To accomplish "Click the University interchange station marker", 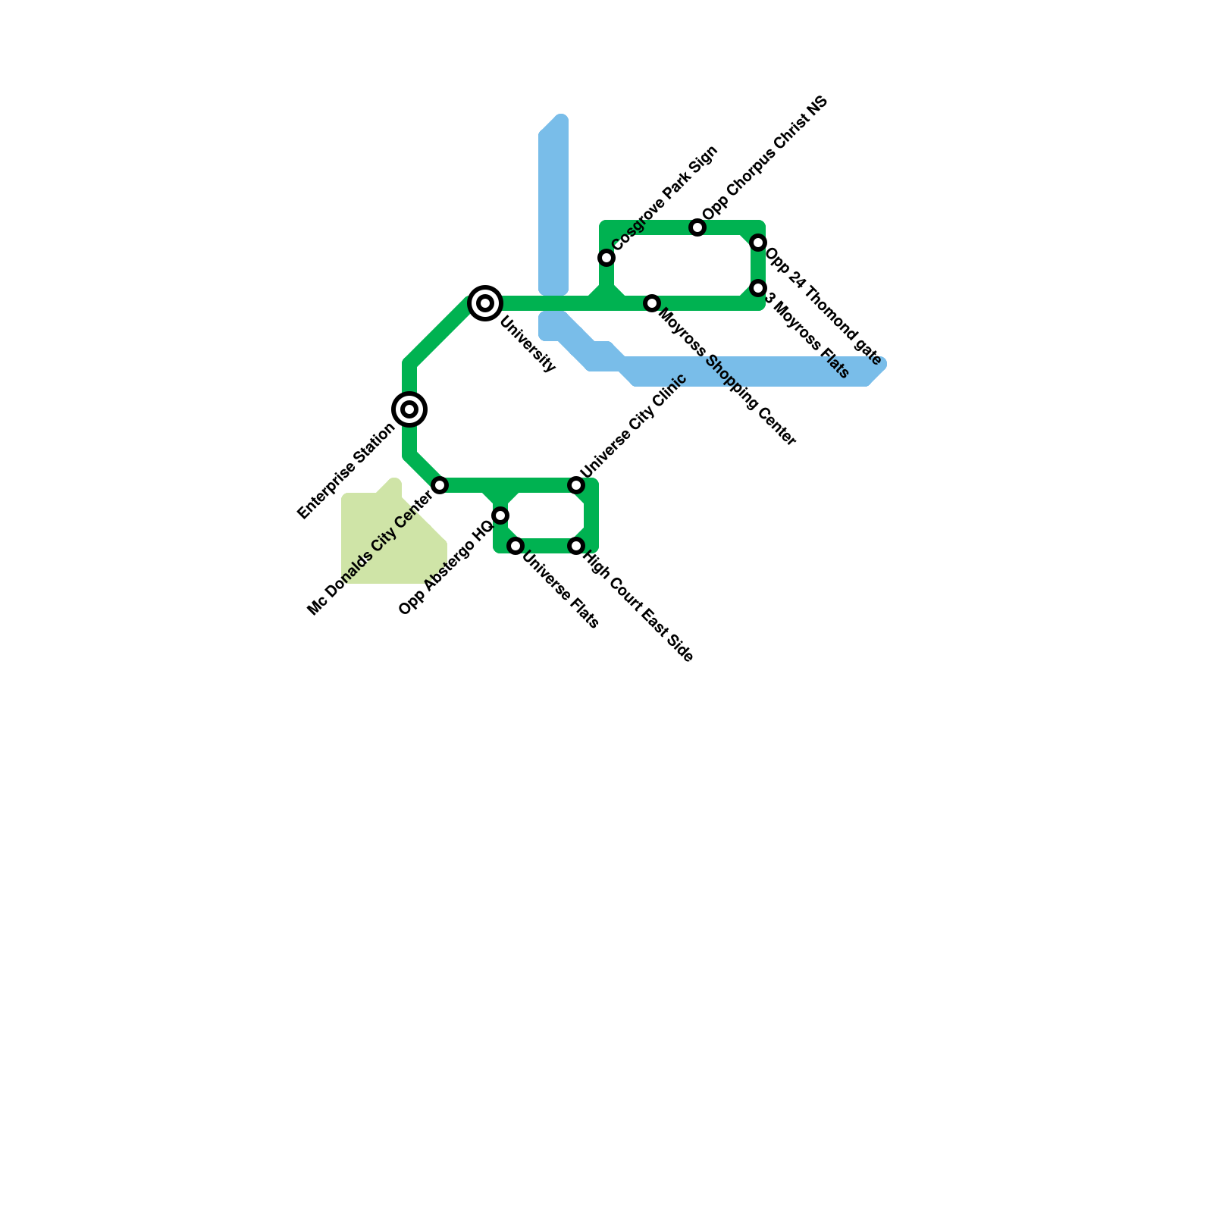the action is coord(485,303).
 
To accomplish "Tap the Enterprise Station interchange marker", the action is coord(409,409).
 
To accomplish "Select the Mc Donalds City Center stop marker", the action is coord(440,485).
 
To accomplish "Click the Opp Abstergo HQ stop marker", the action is coord(500,516).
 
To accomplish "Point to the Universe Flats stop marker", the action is coord(516,546).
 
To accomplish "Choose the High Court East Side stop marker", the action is coord(576,546).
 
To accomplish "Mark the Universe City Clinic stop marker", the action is coord(576,485).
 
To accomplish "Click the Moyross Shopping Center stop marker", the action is coord(652,303).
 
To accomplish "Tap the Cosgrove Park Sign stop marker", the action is coord(606,258).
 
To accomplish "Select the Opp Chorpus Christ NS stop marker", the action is coord(697,227).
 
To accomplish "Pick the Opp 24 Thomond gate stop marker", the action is coord(758,243).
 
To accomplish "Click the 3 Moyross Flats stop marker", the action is coord(758,288).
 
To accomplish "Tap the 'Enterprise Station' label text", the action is coord(346,471).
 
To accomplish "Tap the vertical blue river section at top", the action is coord(553,205).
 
